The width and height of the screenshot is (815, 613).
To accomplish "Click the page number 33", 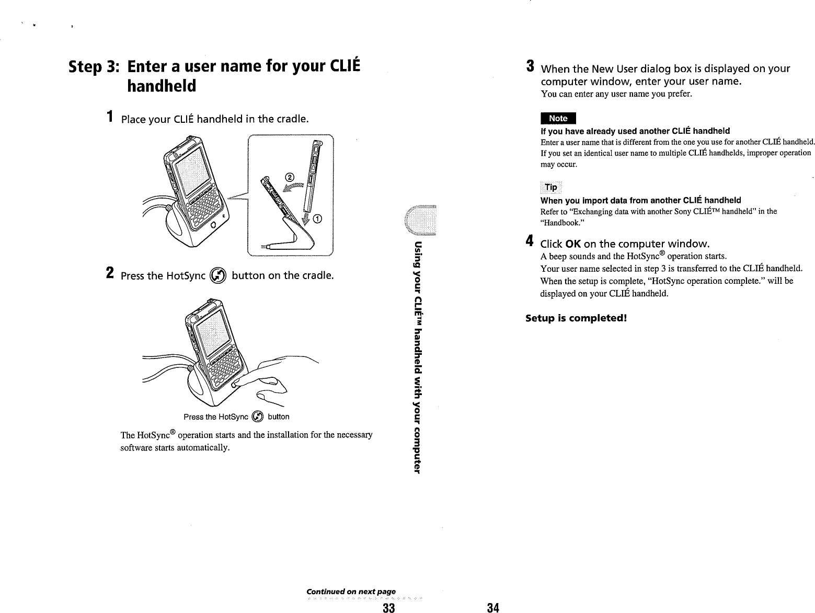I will pyautogui.click(x=388, y=607).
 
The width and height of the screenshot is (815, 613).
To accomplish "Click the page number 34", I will pyautogui.click(x=492, y=607).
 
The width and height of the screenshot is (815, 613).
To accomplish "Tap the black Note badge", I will pyautogui.click(x=558, y=119).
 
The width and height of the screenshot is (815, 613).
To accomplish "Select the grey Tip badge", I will pyautogui.click(x=550, y=188).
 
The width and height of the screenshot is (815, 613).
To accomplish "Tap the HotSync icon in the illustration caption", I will pyautogui.click(x=257, y=417).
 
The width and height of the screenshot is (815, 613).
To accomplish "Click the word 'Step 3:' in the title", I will pyautogui.click(x=95, y=68).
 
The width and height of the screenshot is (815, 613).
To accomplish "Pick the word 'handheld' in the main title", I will pyautogui.click(x=162, y=85).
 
